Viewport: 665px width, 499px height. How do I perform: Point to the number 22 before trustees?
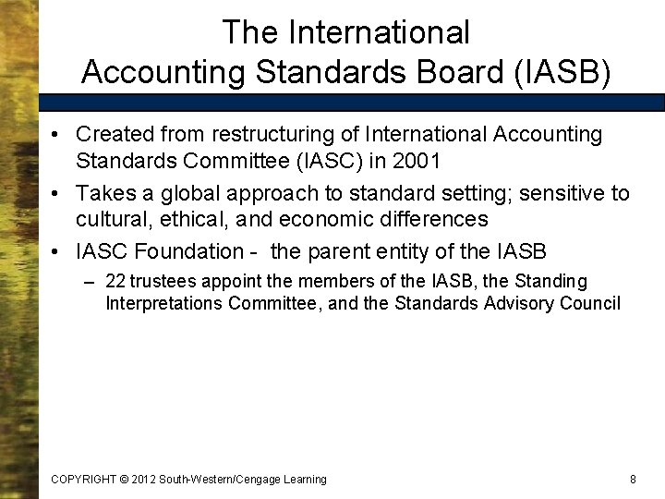point(115,281)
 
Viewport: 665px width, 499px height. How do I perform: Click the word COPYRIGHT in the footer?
point(83,479)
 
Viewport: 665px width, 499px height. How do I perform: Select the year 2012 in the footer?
point(142,479)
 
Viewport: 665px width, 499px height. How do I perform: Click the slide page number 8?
point(633,479)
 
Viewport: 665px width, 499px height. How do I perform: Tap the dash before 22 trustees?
point(91,281)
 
